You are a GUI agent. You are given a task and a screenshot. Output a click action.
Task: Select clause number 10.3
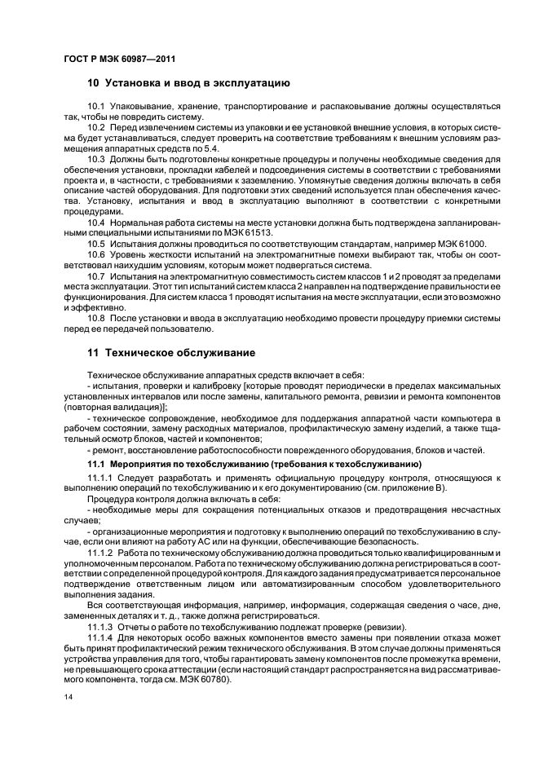(x=96, y=161)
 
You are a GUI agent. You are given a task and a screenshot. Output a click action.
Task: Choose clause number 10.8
(x=96, y=319)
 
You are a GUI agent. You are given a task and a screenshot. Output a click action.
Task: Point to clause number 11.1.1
(x=99, y=476)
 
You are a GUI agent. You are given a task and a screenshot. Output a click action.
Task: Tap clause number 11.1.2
(x=99, y=552)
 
